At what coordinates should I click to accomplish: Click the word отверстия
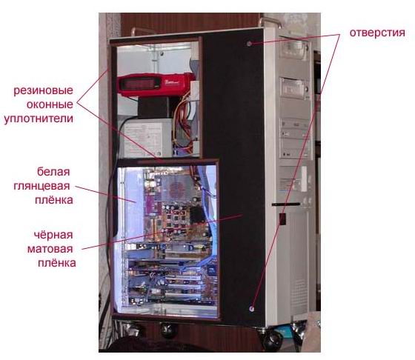pos(377,33)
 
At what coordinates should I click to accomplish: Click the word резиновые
pos(44,90)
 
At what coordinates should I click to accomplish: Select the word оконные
pos(50,104)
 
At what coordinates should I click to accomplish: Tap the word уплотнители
pos(39,119)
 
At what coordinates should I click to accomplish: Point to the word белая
pos(53,172)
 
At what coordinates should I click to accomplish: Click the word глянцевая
pos(41,186)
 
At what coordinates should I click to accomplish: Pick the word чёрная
pos(53,235)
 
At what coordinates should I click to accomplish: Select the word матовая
pos(50,249)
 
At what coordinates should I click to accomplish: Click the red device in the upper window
pos(156,84)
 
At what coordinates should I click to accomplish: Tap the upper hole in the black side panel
pos(249,44)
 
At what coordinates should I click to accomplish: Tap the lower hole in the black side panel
pos(252,308)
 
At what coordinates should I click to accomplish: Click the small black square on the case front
pos(282,219)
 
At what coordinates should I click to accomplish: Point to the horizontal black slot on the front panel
pos(286,204)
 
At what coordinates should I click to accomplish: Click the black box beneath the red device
pos(153,107)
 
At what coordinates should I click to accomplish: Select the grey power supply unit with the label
pos(146,138)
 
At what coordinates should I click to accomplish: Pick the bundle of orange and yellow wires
pos(182,124)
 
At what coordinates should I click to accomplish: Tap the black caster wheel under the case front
pos(272,340)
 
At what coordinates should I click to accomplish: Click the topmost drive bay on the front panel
pos(294,49)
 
